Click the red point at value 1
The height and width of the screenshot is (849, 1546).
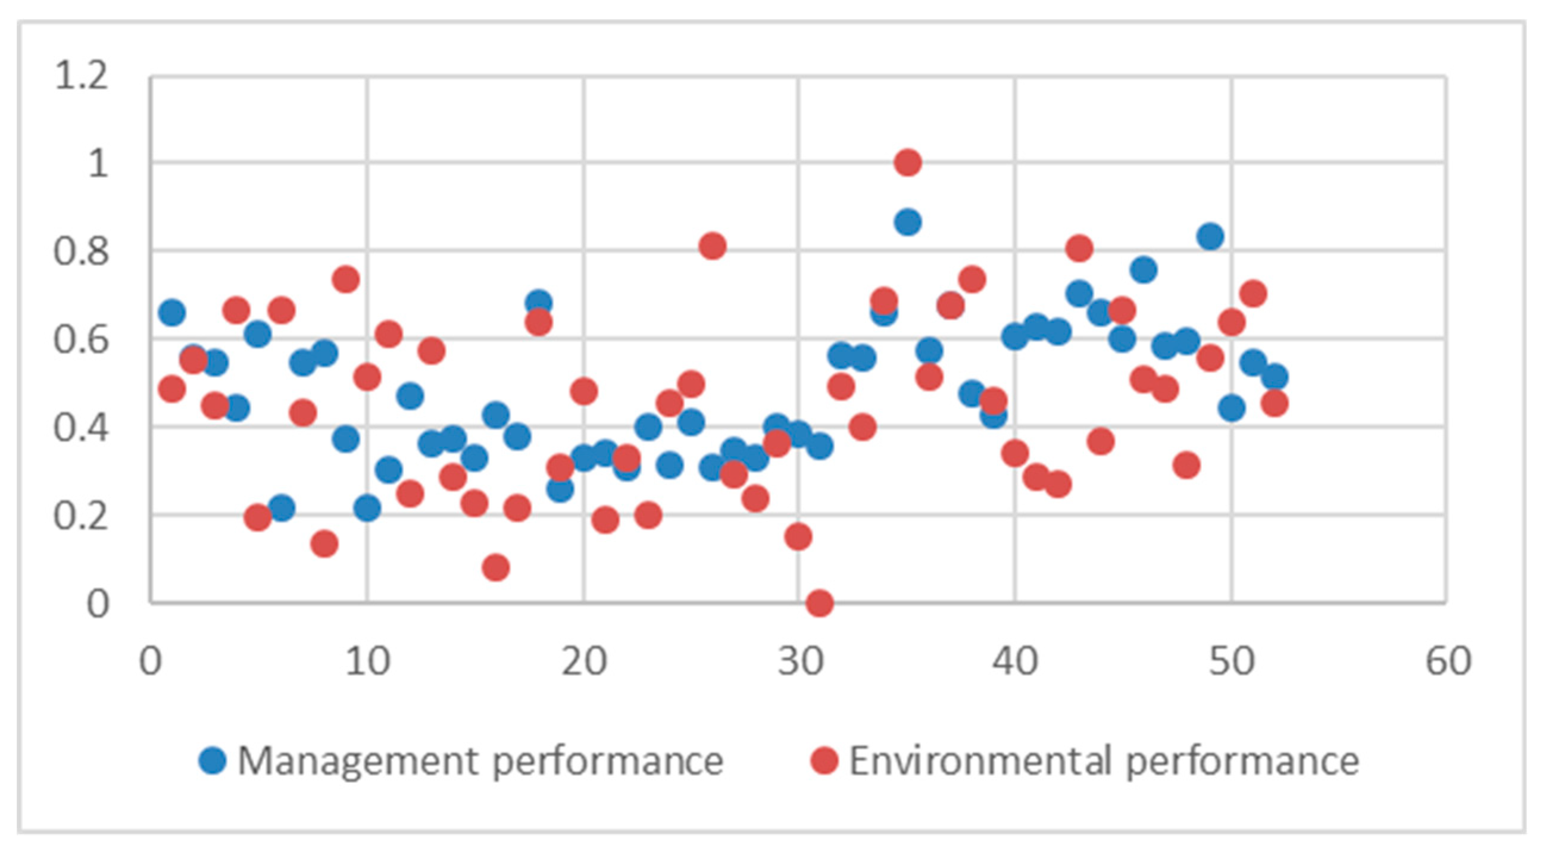pos(907,163)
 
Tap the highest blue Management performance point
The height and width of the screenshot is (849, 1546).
pos(907,222)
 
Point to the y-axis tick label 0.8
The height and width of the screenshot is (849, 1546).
pos(82,252)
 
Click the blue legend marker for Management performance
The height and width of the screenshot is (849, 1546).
pos(213,761)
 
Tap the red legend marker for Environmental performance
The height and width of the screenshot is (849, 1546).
pos(823,761)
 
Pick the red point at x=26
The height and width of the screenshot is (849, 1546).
pos(713,246)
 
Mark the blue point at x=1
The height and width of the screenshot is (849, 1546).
pos(172,312)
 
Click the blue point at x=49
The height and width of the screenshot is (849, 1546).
pos(1210,236)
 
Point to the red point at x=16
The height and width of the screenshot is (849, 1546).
pos(496,567)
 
